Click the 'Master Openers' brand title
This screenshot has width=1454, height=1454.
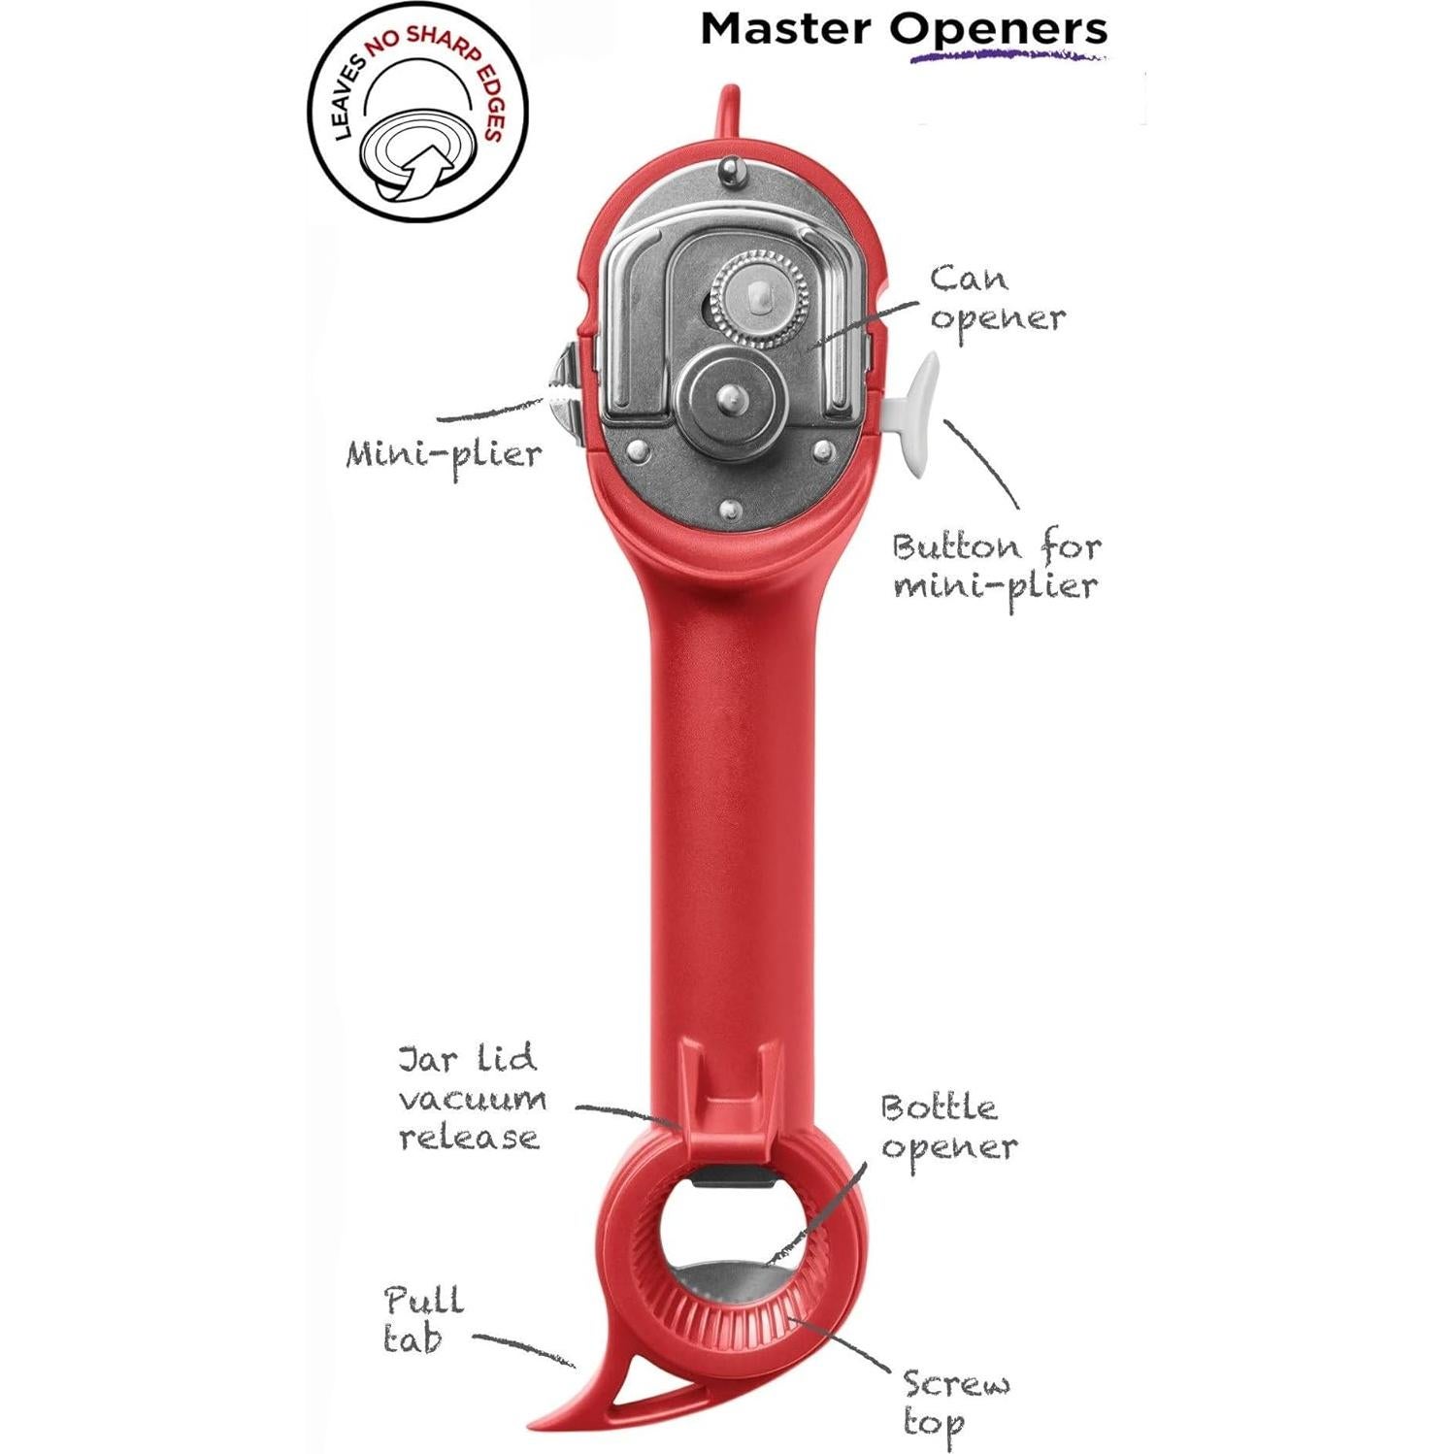click(903, 29)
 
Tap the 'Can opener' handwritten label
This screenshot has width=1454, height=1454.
click(997, 299)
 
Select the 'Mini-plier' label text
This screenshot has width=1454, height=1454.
click(444, 454)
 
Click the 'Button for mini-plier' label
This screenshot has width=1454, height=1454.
click(997, 566)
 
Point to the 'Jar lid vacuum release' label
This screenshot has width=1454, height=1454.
click(471, 1098)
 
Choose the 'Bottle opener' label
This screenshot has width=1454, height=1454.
click(948, 1128)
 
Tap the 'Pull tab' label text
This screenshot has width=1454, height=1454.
click(422, 1319)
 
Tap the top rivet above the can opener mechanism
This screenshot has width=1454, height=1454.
click(728, 172)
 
